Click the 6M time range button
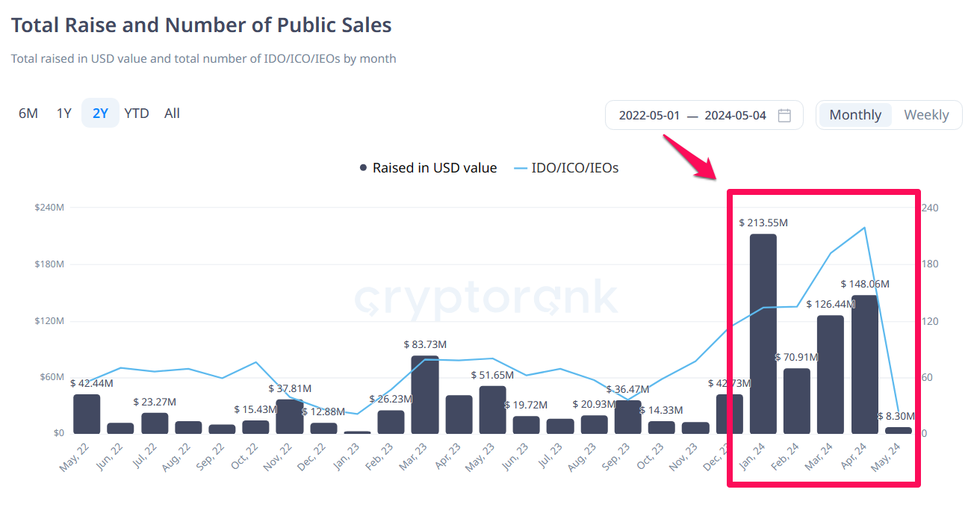click(28, 114)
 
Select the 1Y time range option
click(64, 114)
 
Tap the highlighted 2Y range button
click(100, 114)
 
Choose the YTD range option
click(137, 114)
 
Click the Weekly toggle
click(926, 115)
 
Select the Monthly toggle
click(855, 115)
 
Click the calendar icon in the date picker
click(784, 115)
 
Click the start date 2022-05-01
click(649, 115)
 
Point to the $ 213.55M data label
click(763, 223)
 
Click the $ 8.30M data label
click(896, 416)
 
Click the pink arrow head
click(707, 172)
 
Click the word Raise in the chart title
click(132, 25)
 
